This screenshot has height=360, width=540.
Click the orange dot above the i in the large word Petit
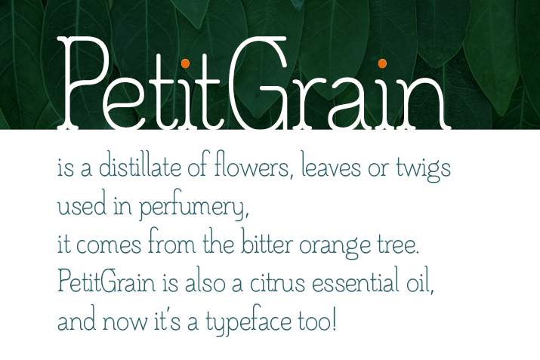pyautogui.click(x=185, y=63)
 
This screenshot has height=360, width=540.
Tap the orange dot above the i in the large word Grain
pyautogui.click(x=382, y=63)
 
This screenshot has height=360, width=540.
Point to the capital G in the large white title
pyautogui.click(x=258, y=83)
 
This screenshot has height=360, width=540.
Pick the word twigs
pyautogui.click(x=423, y=169)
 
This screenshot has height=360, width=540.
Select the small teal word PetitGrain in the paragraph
pyautogui.click(x=106, y=281)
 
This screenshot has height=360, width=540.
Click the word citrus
pyautogui.click(x=278, y=282)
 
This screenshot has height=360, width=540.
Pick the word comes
pyautogui.click(x=109, y=245)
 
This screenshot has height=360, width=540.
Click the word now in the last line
pyautogui.click(x=125, y=322)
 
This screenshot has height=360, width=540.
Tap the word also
pyautogui.click(x=205, y=281)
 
